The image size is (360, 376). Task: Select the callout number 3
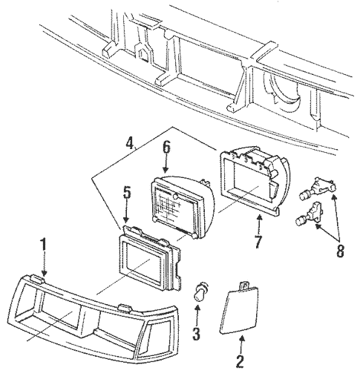[197, 333]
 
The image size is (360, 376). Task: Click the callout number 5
[127, 190]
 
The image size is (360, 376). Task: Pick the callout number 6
[166, 148]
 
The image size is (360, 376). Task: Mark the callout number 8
[340, 250]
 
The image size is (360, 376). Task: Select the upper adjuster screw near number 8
[317, 189]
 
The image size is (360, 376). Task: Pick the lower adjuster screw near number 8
[310, 214]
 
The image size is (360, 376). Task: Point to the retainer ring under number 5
[149, 258]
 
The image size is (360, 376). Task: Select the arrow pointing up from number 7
[259, 224]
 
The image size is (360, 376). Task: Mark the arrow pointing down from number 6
[166, 164]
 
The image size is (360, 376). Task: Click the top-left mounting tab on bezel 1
[37, 279]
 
